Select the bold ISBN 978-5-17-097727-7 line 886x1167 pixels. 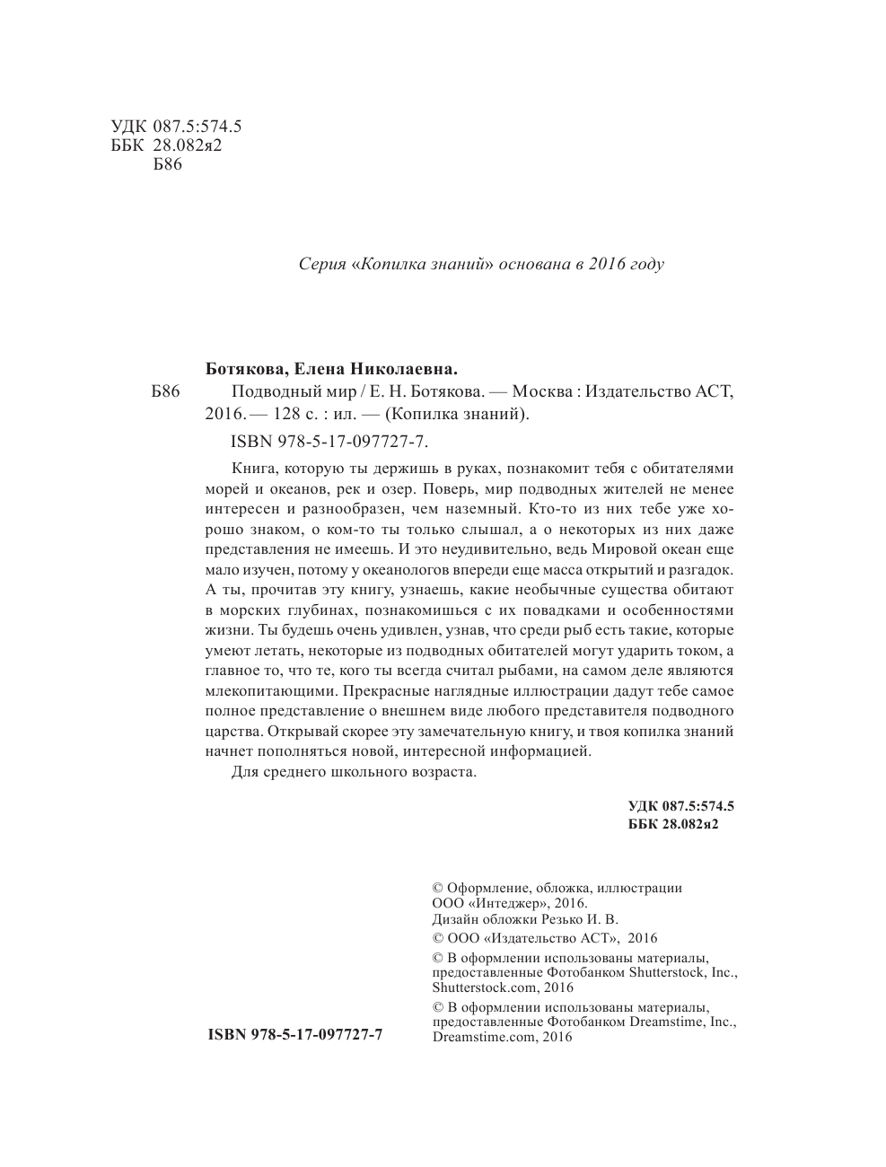point(295,1035)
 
